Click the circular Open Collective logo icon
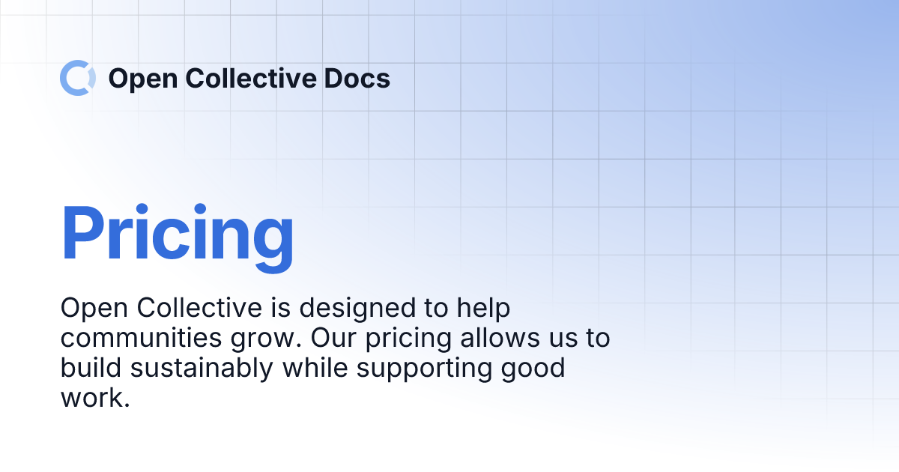click(x=77, y=78)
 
